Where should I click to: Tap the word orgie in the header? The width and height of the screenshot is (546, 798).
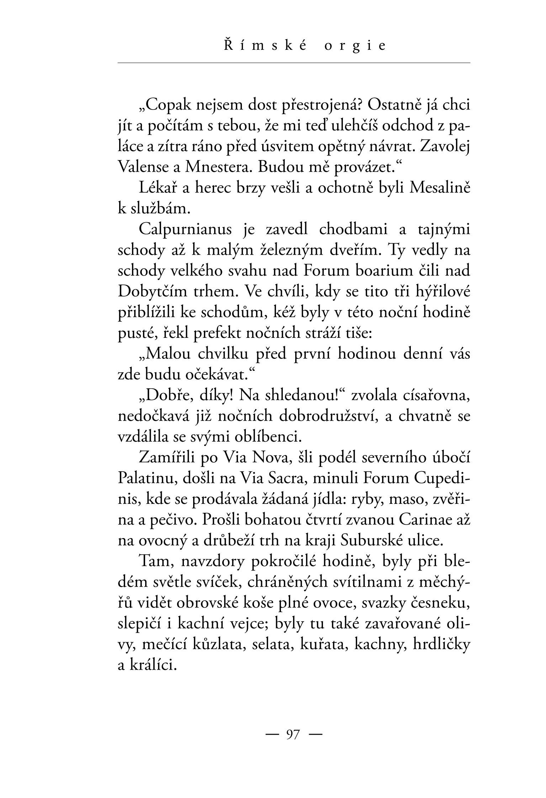pyautogui.click(x=355, y=47)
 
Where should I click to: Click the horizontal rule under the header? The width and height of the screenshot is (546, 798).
pyautogui.click(x=294, y=63)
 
